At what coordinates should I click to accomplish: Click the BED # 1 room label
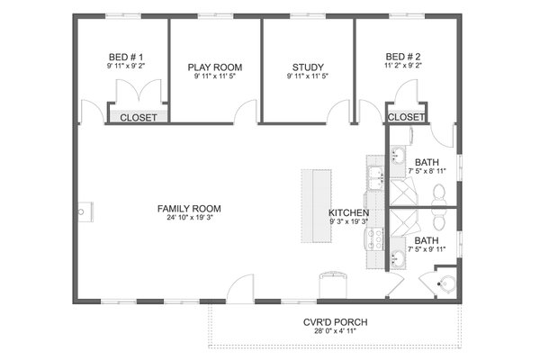123,56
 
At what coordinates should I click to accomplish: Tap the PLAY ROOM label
215,67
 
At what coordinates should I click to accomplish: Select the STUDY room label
308,67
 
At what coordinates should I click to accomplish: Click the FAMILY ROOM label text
189,209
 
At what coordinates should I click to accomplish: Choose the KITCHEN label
348,212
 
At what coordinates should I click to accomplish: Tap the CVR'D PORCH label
335,321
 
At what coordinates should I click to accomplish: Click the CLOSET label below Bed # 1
138,118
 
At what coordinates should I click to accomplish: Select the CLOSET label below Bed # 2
406,118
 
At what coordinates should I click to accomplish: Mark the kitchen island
315,204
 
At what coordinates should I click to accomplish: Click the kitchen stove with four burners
375,238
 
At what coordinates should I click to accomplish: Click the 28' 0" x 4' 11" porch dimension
335,332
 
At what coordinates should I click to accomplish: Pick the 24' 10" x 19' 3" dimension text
189,219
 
